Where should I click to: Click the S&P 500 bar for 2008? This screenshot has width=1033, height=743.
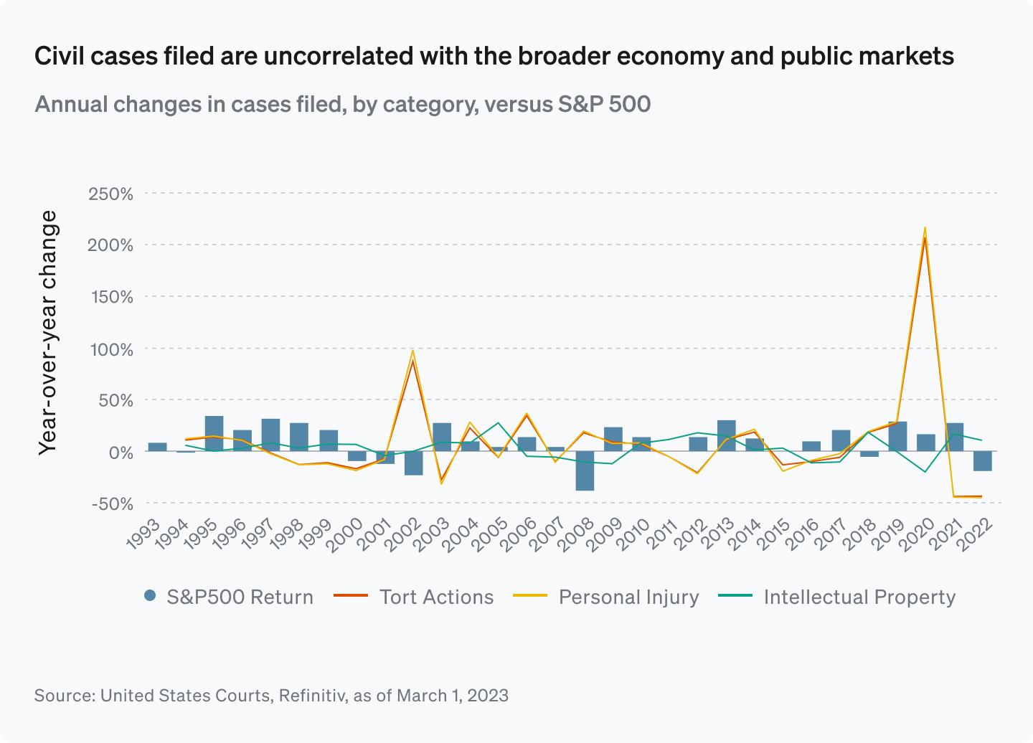(585, 470)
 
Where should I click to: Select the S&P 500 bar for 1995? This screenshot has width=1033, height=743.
(214, 433)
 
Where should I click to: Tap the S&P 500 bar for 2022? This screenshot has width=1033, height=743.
(983, 460)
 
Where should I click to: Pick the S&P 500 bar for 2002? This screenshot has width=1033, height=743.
(413, 463)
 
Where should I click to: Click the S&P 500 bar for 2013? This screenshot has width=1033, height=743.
(726, 435)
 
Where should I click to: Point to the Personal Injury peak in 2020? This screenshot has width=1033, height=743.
(925, 228)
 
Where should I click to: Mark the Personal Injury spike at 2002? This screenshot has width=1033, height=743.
(412, 351)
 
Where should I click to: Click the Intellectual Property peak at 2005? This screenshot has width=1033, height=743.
(499, 423)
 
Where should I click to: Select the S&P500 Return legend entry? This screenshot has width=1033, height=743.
(229, 597)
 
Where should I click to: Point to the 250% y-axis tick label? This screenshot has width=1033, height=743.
(110, 194)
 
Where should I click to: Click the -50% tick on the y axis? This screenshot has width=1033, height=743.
(113, 503)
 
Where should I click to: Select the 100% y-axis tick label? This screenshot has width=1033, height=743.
(110, 349)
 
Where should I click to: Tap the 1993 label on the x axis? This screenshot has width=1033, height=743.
(143, 536)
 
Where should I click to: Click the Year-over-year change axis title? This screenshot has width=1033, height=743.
(47, 332)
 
